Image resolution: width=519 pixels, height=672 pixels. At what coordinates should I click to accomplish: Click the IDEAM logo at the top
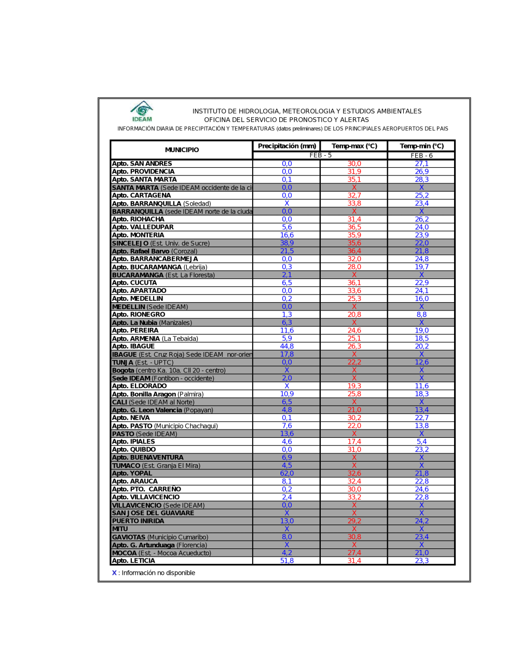pos(142,111)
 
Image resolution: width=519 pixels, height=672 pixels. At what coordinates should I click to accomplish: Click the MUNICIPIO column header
pos(182,150)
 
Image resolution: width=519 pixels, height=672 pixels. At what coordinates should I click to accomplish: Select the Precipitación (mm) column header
pos(287,146)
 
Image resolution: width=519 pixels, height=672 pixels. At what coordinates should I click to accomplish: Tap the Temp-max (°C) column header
pos(354,146)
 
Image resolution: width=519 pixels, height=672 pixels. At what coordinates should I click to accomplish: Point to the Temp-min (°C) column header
pos(421,146)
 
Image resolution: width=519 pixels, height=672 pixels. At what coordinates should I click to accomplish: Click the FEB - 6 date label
pos(421,155)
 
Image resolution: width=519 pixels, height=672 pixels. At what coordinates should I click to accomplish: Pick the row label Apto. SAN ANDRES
pos(142,164)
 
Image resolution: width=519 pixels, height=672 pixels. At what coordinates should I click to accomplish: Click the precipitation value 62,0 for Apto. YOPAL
pos(287,473)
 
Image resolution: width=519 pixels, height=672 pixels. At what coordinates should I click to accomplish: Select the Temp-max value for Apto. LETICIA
pos(354,561)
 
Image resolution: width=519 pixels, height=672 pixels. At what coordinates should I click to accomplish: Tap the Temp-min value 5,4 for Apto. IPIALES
pos(421,441)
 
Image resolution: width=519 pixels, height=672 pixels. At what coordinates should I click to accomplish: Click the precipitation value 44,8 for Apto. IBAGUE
pos(287,346)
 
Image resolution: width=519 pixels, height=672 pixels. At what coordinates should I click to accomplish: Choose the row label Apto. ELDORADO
pos(140,386)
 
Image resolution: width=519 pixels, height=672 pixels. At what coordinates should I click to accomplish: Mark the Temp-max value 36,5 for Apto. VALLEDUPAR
pos(354,227)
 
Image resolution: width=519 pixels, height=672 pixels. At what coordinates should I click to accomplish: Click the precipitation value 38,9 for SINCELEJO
pos(287,243)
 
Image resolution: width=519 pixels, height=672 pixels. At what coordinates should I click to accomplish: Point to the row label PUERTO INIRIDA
pos(138,521)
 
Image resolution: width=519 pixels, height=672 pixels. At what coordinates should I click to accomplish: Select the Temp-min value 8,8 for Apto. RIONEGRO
pos(421,314)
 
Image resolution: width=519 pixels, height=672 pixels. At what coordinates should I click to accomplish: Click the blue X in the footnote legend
pos(114,573)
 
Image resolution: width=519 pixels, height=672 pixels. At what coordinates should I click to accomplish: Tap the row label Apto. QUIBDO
pos(134,449)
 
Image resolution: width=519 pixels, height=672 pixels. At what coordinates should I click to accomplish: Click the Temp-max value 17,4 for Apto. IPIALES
pos(354,441)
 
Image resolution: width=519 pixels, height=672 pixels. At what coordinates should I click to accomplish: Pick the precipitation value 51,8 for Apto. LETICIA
pos(287,561)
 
